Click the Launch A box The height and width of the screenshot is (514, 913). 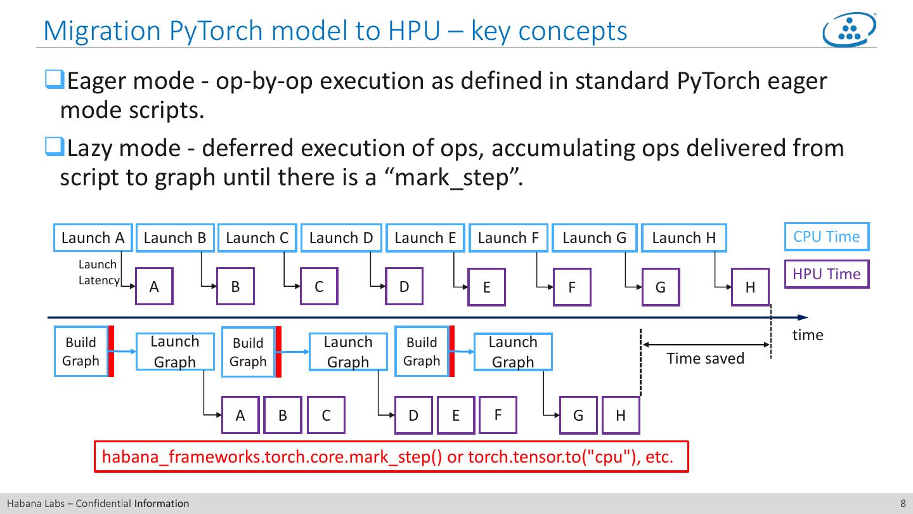coord(93,238)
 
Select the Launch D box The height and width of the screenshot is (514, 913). coord(341,238)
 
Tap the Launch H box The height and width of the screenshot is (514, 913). coord(683,238)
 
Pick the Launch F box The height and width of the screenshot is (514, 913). coord(508,238)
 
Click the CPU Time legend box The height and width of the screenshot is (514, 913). coord(826,237)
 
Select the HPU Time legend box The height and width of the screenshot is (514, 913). coord(826,274)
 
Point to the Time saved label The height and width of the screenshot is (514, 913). coord(705,359)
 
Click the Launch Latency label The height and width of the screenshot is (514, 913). coord(98,272)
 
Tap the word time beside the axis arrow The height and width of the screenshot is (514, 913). coord(807,335)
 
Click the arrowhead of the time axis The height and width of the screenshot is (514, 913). coord(803,317)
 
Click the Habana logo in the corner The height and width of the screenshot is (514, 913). coord(849,29)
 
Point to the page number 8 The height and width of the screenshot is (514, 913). coord(903,504)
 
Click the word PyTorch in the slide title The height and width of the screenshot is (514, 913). coord(207,30)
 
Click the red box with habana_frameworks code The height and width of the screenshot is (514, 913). coord(391,457)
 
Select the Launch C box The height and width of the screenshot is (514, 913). coord(257,238)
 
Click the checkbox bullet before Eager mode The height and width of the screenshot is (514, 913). coord(53,81)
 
